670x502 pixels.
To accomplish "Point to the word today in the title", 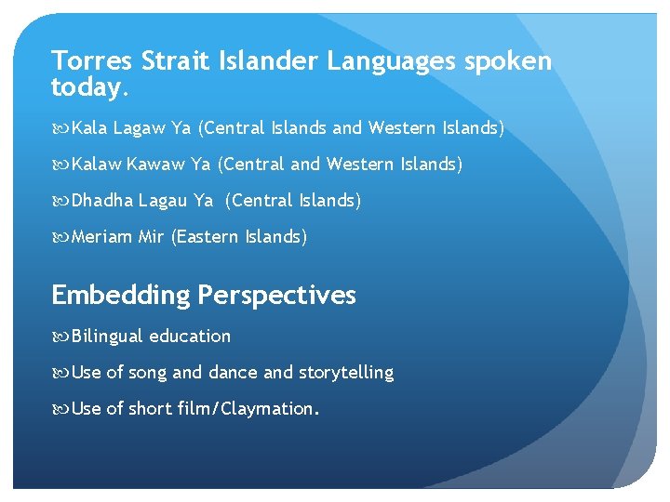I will (x=88, y=88).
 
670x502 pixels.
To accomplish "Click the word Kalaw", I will (x=96, y=165).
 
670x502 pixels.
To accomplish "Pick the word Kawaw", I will (x=155, y=165).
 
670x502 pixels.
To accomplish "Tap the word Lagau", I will (x=163, y=201).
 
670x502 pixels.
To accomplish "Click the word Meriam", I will (x=102, y=237).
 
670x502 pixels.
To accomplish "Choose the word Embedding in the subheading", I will (x=120, y=296).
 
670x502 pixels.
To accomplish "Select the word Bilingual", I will (x=107, y=337).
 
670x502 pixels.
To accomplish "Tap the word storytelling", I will (x=346, y=373).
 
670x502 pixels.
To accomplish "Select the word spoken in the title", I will (x=514, y=61).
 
